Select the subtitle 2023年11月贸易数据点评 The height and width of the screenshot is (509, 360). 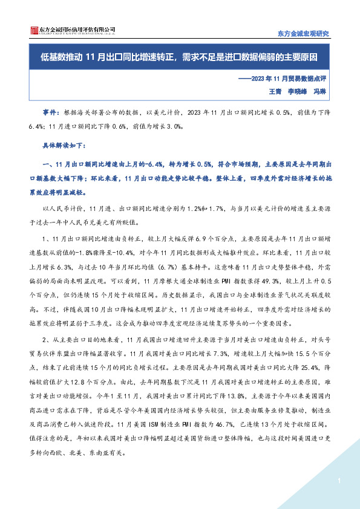pos(290,79)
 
